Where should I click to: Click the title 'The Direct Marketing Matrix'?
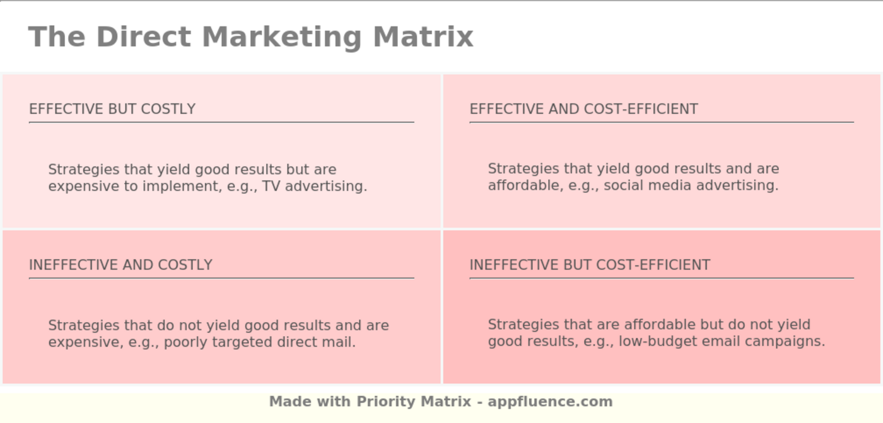[x=250, y=37]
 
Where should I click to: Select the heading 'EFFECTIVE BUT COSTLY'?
[x=112, y=109]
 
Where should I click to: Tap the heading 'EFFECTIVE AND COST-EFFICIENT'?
[x=583, y=109]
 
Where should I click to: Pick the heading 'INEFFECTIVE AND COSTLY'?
[x=120, y=265]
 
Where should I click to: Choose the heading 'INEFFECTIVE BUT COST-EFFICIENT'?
[x=590, y=265]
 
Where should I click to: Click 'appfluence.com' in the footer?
[x=550, y=402]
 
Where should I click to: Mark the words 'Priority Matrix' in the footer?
[x=414, y=402]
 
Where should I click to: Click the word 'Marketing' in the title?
[x=281, y=37]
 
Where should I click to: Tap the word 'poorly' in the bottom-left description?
[x=187, y=342]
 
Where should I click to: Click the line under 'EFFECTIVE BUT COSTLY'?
[x=221, y=122]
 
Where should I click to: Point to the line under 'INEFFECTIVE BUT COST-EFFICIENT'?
[x=661, y=278]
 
